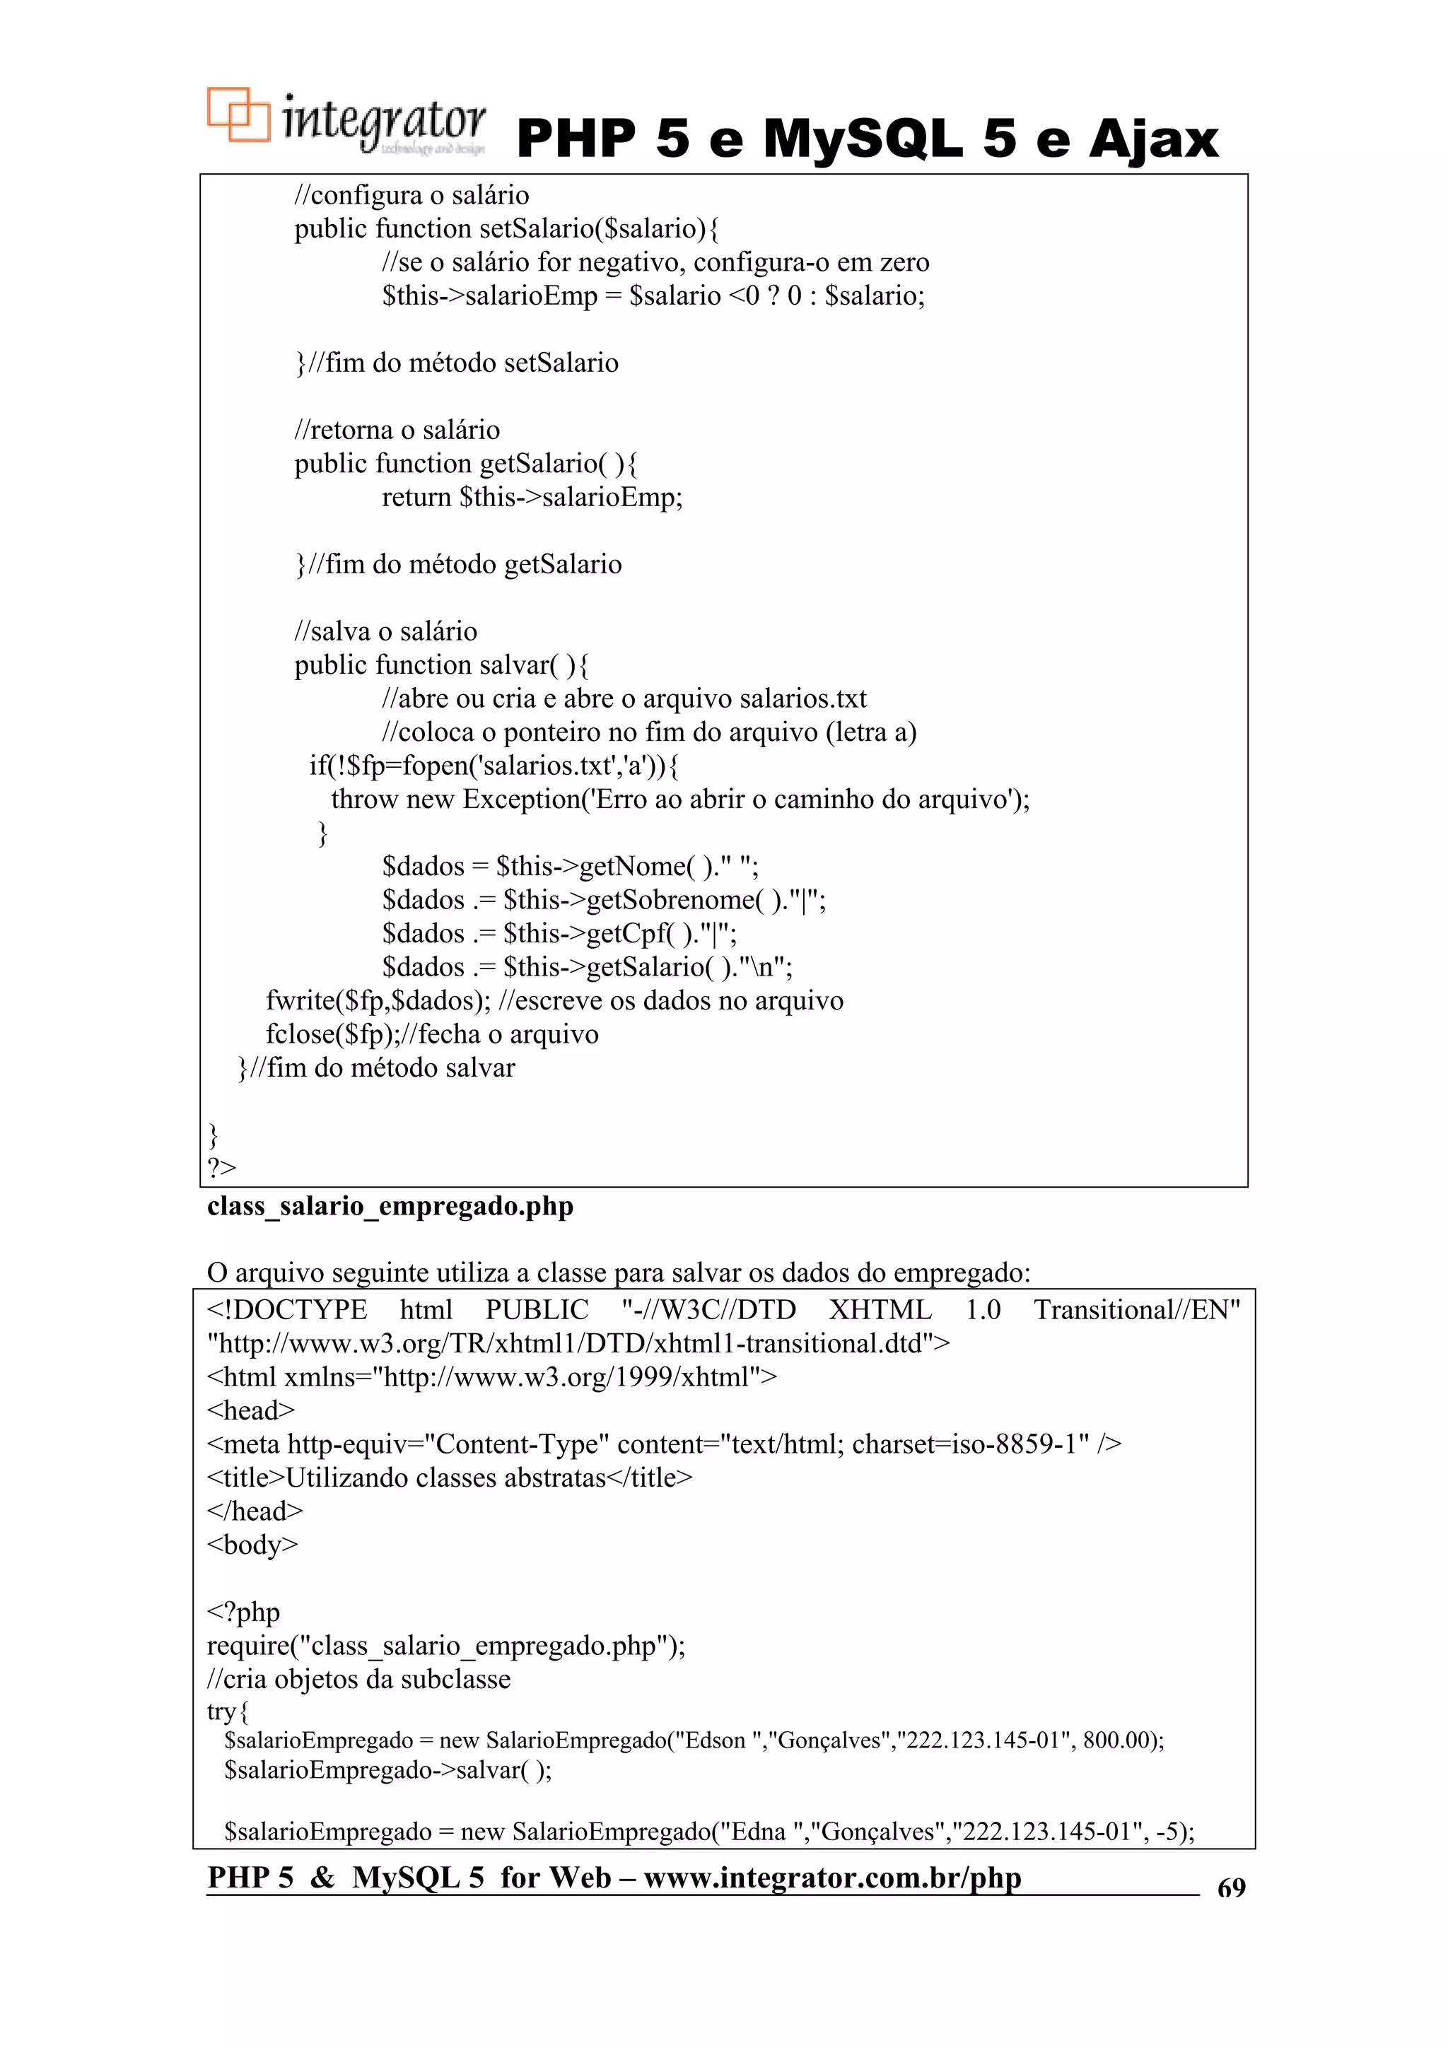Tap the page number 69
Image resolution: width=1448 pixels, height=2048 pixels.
[1231, 1888]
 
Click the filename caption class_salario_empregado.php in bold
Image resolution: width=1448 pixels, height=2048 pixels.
[390, 1206]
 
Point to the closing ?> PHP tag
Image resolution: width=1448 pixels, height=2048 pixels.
[221, 1168]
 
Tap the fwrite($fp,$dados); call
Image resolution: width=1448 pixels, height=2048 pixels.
[378, 1001]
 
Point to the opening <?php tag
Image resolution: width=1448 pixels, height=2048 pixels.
[243, 1612]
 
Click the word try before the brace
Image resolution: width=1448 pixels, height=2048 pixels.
[221, 1711]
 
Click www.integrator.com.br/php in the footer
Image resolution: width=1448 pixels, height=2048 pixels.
[831, 1878]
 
